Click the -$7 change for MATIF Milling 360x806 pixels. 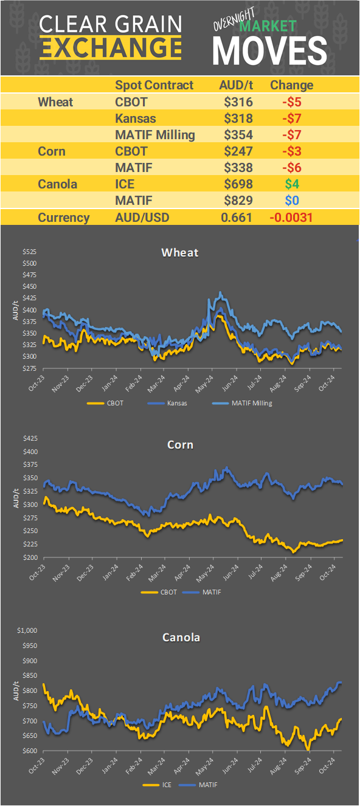(291, 135)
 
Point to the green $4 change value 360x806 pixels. (291, 184)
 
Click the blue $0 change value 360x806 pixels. (291, 201)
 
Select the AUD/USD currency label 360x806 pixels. (142, 218)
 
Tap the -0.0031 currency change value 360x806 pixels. (291, 218)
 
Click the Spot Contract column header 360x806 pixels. (154, 85)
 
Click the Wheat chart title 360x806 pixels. (179, 252)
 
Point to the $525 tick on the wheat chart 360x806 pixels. (29, 252)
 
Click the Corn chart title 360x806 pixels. (180, 444)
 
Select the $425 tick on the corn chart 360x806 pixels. (29, 438)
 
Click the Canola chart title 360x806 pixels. (181, 638)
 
